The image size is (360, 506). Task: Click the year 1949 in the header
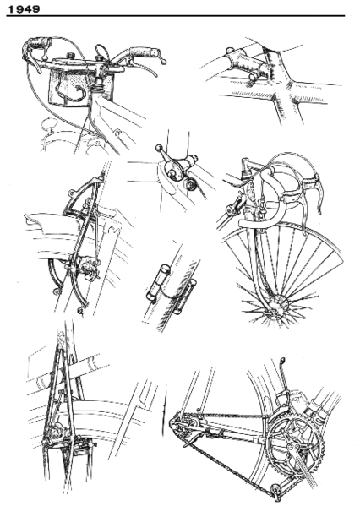25,8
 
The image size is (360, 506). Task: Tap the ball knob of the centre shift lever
159,153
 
